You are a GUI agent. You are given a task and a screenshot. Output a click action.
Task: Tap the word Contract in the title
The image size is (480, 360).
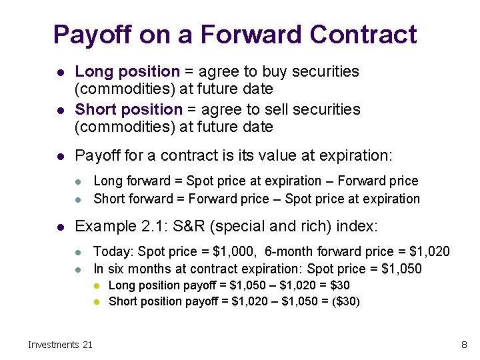pyautogui.click(x=363, y=35)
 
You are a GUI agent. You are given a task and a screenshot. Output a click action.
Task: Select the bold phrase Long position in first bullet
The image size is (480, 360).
pyautogui.click(x=127, y=71)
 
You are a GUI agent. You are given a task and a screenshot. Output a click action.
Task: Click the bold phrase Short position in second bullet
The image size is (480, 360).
pyautogui.click(x=129, y=109)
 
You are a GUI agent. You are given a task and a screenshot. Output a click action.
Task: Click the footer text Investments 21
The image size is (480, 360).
pyautogui.click(x=60, y=345)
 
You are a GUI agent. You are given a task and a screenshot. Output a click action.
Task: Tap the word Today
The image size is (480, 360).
pyautogui.click(x=109, y=251)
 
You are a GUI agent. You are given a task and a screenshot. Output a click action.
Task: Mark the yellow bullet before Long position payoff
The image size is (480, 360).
pyautogui.click(x=97, y=285)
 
